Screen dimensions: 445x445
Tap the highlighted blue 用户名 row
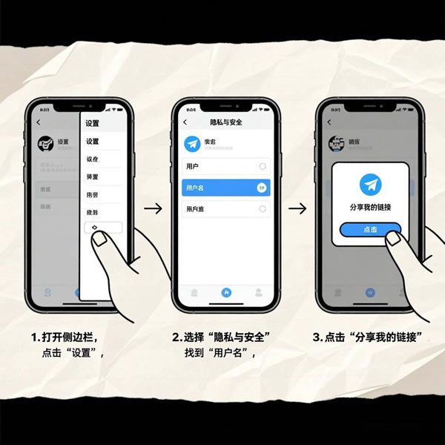coord(225,188)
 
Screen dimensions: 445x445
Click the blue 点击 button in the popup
coord(370,229)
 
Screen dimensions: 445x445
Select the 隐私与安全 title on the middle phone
coord(225,122)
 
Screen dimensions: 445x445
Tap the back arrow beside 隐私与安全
coord(185,122)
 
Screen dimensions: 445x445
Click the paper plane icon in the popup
coord(370,185)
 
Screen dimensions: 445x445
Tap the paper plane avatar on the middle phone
coord(194,144)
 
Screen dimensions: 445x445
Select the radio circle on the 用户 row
coord(263,167)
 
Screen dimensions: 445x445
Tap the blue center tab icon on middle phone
coord(226,292)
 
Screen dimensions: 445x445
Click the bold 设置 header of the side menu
coord(92,123)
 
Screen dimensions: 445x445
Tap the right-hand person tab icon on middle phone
coord(258,292)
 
